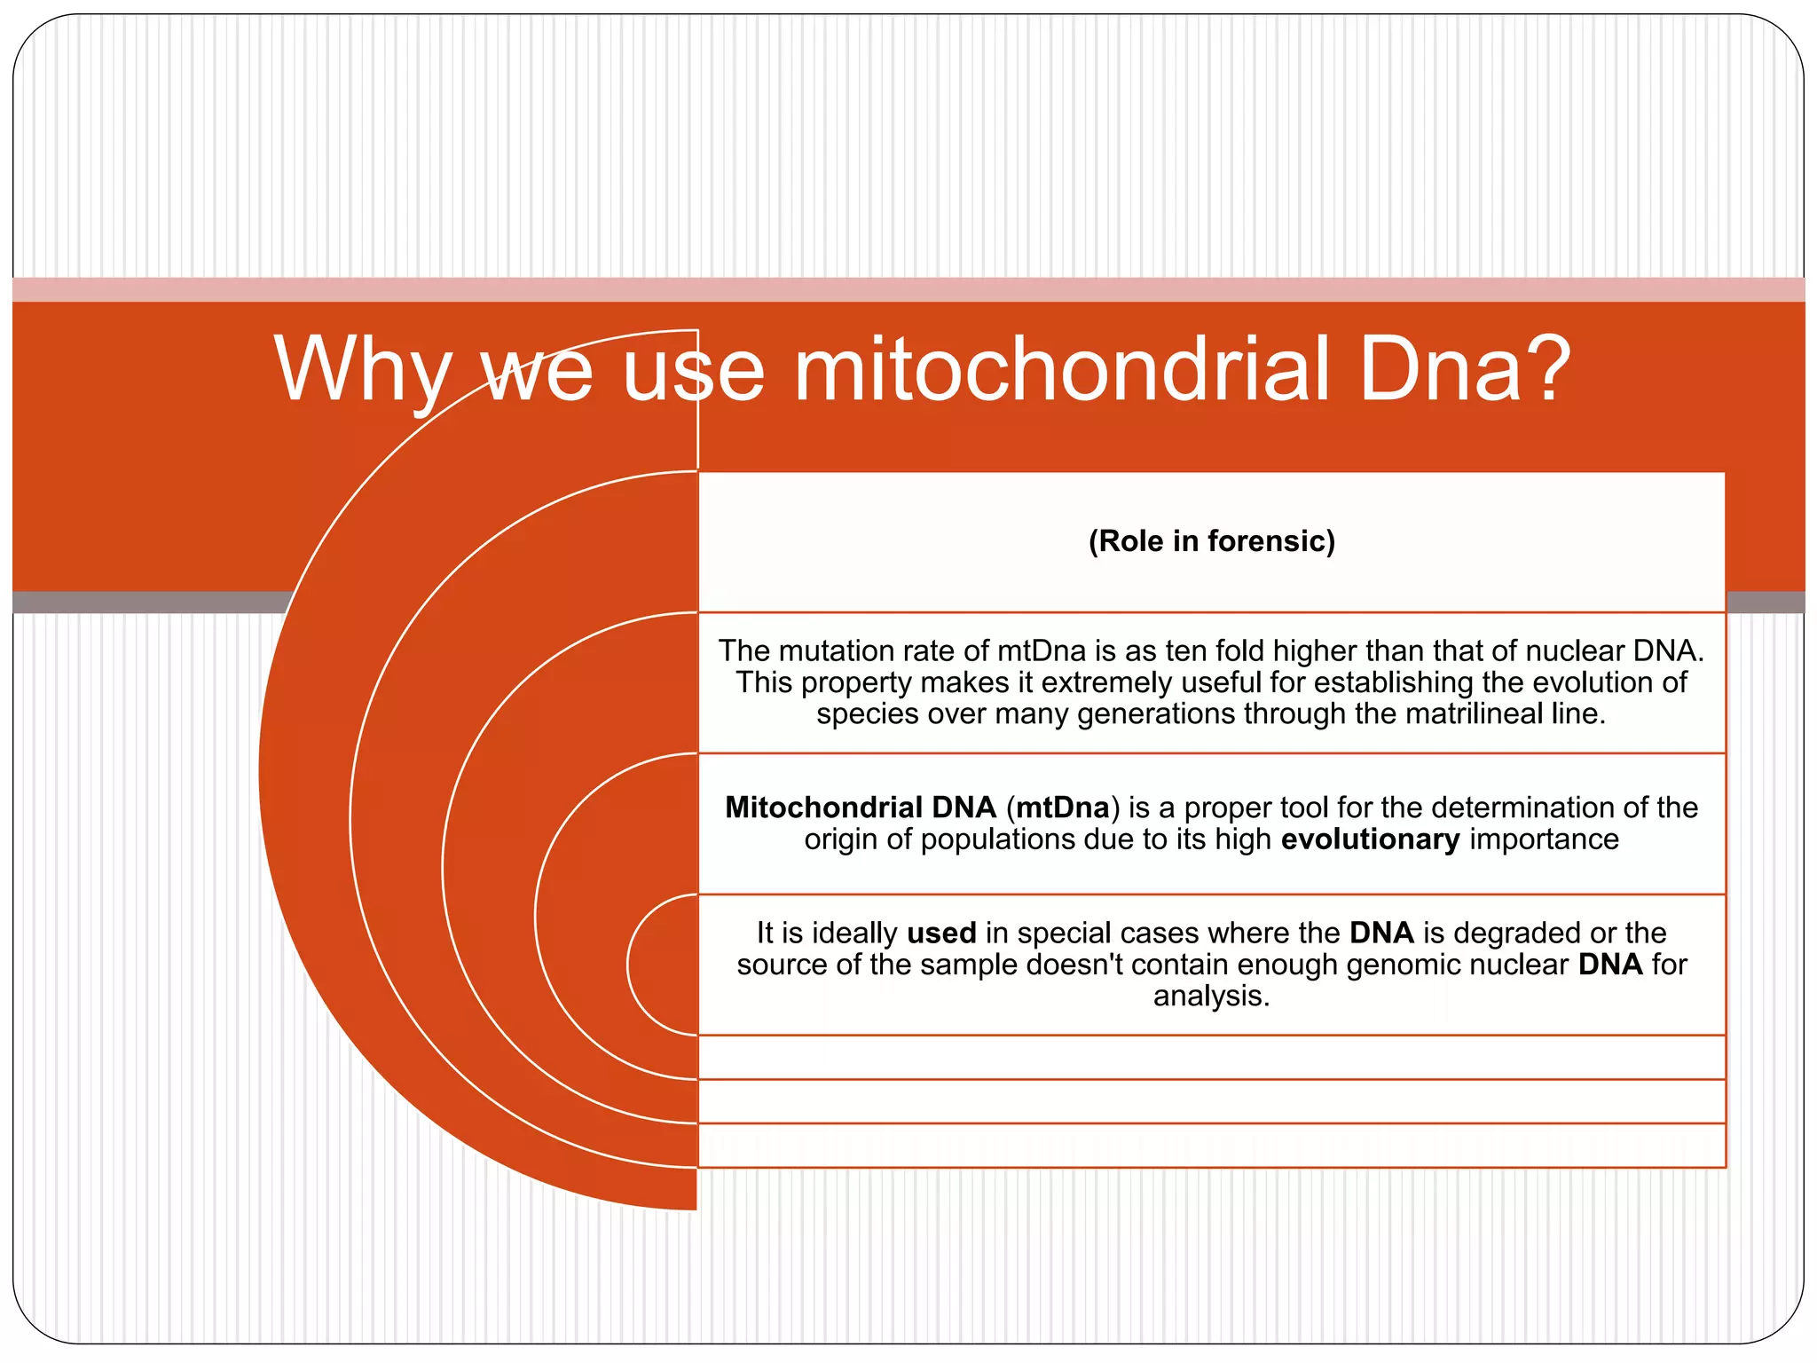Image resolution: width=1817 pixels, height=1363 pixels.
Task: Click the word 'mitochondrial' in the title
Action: [1060, 368]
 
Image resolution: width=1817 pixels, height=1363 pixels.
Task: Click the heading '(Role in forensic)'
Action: [1211, 540]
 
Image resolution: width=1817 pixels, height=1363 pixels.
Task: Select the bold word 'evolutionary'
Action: [1370, 839]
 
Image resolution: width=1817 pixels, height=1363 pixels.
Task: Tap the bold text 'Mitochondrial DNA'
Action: [860, 808]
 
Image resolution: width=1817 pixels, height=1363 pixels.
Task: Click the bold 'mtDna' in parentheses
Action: [1062, 808]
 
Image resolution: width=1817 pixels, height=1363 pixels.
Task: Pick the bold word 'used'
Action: [940, 933]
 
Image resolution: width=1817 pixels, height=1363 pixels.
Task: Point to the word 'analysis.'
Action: [1211, 996]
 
